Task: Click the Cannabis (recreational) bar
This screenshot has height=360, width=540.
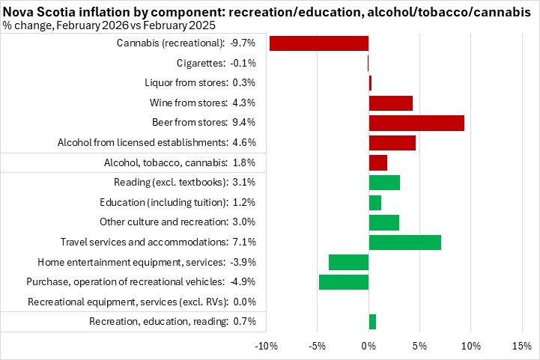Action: (x=318, y=43)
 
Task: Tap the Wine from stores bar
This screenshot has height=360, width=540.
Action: (x=391, y=103)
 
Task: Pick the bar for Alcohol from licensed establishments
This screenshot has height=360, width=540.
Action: (x=392, y=142)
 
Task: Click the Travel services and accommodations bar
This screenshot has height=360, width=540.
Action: (x=405, y=242)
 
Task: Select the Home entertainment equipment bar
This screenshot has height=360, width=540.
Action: (x=349, y=262)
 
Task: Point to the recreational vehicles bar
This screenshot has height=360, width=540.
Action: (x=344, y=281)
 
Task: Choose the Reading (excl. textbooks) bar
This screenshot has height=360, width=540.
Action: (x=384, y=182)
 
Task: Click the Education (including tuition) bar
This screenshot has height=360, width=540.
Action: (x=375, y=202)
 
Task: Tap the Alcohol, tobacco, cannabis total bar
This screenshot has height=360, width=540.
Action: (x=378, y=162)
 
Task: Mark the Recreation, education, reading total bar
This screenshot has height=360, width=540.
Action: (x=372, y=321)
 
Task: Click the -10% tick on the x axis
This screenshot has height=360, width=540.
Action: (x=267, y=346)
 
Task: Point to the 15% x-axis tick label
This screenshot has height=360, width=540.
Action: (x=521, y=346)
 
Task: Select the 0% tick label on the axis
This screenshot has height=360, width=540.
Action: (x=368, y=346)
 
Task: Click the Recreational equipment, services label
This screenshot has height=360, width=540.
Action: (x=142, y=302)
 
